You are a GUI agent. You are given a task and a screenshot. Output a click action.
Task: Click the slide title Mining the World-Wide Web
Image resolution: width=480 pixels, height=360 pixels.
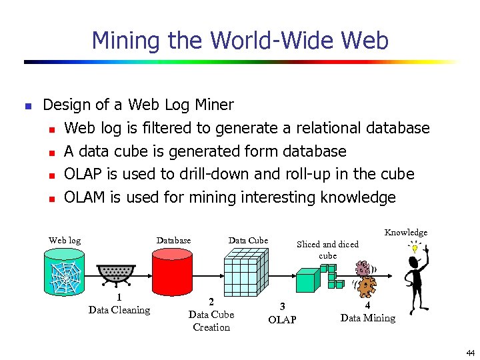[240, 41]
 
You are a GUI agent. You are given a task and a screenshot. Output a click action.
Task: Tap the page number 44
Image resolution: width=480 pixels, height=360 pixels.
[471, 353]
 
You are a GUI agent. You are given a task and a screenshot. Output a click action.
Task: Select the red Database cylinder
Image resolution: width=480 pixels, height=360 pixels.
[173, 275]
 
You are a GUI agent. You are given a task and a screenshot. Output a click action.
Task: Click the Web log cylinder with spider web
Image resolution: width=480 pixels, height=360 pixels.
[65, 275]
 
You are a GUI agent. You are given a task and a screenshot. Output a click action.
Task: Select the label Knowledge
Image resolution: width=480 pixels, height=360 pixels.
[405, 232]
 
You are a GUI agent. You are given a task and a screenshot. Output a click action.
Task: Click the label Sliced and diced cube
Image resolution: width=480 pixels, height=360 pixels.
[327, 249]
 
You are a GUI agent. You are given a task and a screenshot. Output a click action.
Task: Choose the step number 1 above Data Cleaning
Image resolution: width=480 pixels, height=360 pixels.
[119, 298]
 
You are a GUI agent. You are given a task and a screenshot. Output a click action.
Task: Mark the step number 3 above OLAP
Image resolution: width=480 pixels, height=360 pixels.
[282, 307]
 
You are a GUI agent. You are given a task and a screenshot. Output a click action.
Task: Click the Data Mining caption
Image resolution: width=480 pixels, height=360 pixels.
[367, 318]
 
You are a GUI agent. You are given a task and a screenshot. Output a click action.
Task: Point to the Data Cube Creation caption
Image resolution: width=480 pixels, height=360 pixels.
[211, 320]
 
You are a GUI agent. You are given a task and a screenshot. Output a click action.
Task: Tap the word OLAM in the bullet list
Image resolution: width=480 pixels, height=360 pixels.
[86, 197]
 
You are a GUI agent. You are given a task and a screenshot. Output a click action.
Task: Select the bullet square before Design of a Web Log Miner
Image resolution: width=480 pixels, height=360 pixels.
[27, 106]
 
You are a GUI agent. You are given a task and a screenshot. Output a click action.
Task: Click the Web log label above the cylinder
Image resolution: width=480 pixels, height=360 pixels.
[65, 240]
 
